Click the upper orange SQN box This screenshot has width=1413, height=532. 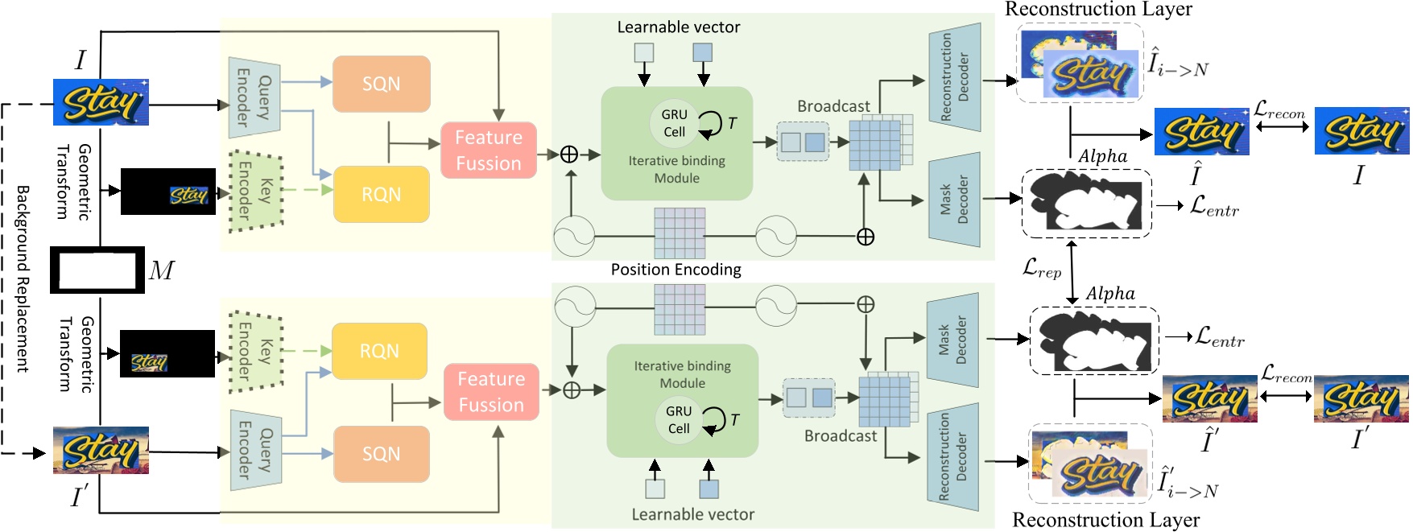pyautogui.click(x=381, y=84)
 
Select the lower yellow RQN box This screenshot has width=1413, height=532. pyautogui.click(x=379, y=351)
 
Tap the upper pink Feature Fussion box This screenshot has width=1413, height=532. pyautogui.click(x=488, y=151)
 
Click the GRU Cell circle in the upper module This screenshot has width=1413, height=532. pyautogui.click(x=674, y=123)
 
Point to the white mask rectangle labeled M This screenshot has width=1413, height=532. pyautogui.click(x=97, y=270)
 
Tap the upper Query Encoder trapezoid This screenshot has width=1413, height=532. pyautogui.click(x=254, y=98)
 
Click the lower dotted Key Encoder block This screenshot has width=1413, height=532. pyautogui.click(x=256, y=352)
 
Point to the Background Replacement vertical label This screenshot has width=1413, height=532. pyautogui.click(x=23, y=278)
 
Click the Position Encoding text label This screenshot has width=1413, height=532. pyautogui.click(x=676, y=270)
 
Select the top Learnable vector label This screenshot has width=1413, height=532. pyautogui.click(x=678, y=27)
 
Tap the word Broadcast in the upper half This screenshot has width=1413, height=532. pyautogui.click(x=833, y=106)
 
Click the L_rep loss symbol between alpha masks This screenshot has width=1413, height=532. pyautogui.click(x=1041, y=268)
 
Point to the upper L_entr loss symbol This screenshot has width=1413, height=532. pyautogui.click(x=1214, y=206)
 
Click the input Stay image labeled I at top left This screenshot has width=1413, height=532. pyautogui.click(x=101, y=102)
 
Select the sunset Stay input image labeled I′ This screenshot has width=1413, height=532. pyautogui.click(x=101, y=450)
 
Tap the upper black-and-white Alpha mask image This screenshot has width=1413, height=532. pyautogui.click(x=1086, y=203)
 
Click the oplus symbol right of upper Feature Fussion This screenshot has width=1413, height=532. pyautogui.click(x=568, y=155)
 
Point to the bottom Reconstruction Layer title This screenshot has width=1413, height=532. pyautogui.click(x=1105, y=520)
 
